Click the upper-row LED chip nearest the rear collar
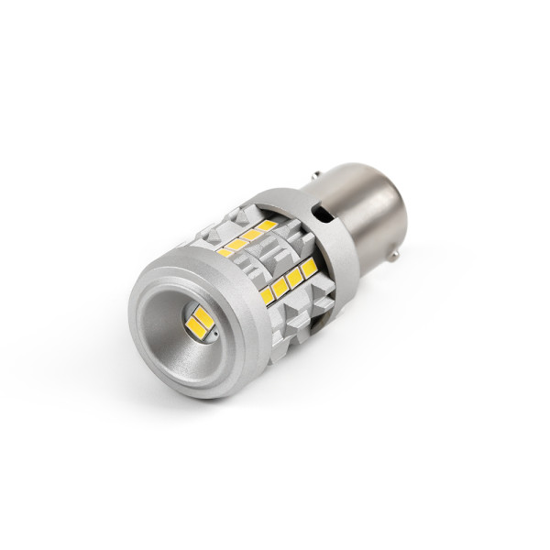267,225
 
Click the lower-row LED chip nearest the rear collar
308,267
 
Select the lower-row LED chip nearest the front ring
267,295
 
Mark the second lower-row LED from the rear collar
294,276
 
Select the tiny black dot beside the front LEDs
213,336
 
